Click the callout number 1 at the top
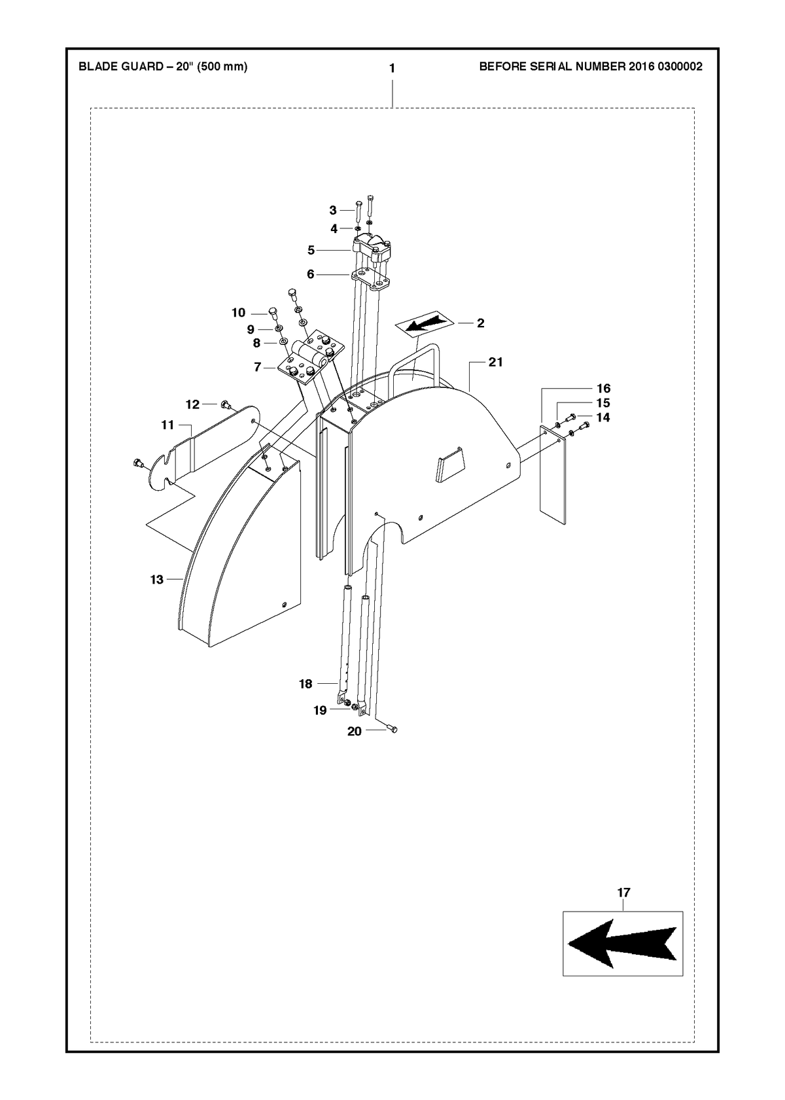(392, 69)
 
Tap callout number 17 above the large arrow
(623, 893)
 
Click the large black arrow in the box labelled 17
(622, 944)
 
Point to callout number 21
(496, 362)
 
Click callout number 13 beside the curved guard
(156, 580)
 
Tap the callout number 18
(305, 684)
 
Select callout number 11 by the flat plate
(168, 425)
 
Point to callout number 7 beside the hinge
(257, 367)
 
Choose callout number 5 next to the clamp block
(311, 251)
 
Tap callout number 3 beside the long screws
(333, 210)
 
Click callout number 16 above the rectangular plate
(603, 389)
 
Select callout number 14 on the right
(603, 417)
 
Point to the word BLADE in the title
(95, 66)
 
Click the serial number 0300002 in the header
(680, 66)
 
